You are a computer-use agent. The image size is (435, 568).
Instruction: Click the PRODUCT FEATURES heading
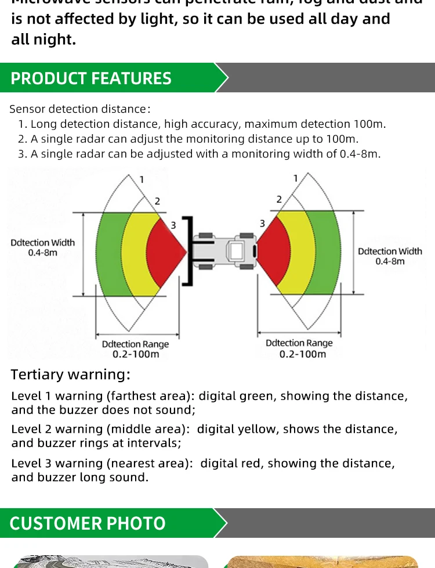point(91,78)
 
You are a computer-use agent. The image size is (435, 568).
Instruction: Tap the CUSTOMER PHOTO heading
point(88,523)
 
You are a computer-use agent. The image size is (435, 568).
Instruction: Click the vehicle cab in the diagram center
point(237,251)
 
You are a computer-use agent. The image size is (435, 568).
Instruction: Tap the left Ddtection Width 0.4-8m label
point(43,247)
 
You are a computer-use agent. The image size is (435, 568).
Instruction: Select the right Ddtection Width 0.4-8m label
point(390,256)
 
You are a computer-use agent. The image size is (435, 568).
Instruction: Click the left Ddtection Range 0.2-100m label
point(136,349)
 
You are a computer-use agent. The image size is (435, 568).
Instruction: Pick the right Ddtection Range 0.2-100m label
point(299,348)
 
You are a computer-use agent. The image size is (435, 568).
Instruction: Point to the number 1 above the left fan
point(142,179)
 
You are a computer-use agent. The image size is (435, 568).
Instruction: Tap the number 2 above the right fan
point(279,199)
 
